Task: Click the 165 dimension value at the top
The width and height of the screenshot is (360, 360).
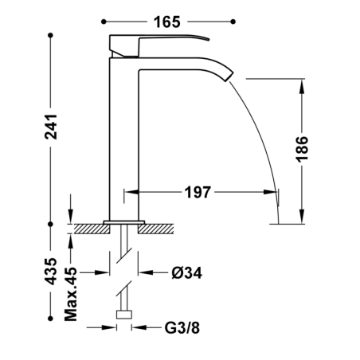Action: click(167, 22)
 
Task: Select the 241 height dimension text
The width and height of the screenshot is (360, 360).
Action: click(51, 127)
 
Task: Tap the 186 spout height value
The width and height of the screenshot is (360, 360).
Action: click(302, 148)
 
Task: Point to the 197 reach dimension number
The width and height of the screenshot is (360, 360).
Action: click(198, 192)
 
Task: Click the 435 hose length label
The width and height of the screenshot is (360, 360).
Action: click(51, 271)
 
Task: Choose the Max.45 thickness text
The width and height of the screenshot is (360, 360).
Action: click(71, 294)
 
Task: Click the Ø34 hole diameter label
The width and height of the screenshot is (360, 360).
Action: click(186, 272)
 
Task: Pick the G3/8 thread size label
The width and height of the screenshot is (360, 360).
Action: click(182, 327)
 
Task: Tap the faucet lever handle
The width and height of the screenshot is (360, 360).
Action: click(159, 45)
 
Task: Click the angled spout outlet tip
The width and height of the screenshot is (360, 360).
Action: click(229, 76)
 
